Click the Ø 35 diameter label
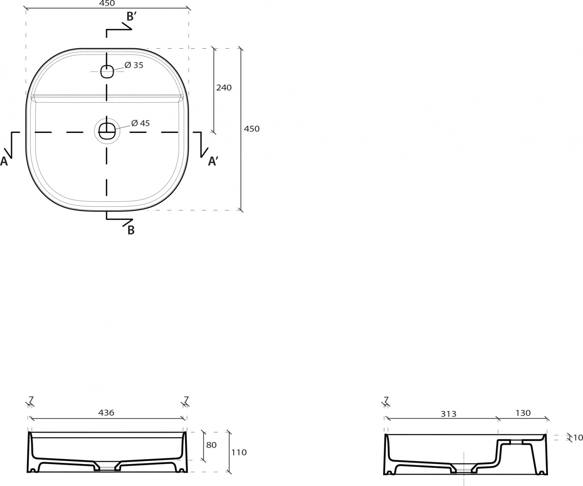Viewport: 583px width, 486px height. [x=134, y=65]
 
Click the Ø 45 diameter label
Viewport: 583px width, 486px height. [x=140, y=123]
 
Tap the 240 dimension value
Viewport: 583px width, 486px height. [x=224, y=88]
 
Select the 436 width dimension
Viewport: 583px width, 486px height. [x=106, y=413]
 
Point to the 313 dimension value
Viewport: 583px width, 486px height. [x=448, y=414]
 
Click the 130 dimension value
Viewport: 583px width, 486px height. [x=523, y=413]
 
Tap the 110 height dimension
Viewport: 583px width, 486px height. [x=239, y=452]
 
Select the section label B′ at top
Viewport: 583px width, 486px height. [x=132, y=17]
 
